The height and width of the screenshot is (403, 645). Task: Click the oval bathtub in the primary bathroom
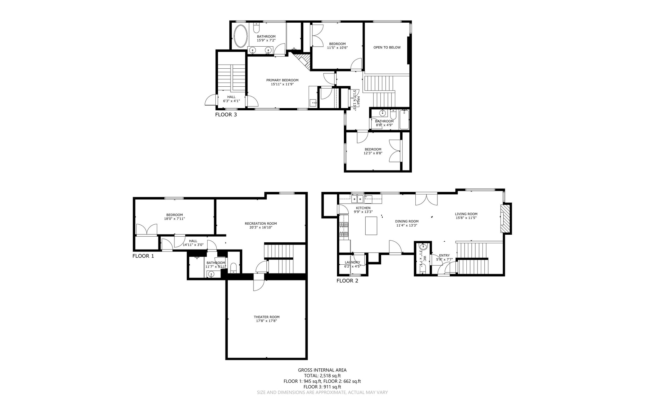241,36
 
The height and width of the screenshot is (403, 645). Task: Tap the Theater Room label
266,317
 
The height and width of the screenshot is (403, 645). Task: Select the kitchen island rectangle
371,226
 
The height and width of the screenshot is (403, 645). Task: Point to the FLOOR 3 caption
226,115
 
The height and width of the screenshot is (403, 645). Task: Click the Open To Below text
387,48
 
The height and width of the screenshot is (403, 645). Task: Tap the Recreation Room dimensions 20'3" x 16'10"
261,227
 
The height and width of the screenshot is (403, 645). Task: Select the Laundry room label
352,262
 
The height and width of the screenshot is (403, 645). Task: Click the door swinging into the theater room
258,285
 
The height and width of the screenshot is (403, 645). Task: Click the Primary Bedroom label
282,80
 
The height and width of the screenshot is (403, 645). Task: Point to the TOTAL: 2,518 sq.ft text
322,376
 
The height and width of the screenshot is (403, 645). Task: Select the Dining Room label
407,221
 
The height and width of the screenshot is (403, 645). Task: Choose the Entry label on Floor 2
444,256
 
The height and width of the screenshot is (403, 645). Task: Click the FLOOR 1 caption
143,256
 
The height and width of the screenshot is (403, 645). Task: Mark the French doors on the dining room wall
426,199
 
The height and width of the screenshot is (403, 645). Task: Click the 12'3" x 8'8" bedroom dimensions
373,153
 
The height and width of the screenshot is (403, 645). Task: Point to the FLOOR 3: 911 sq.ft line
322,387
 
